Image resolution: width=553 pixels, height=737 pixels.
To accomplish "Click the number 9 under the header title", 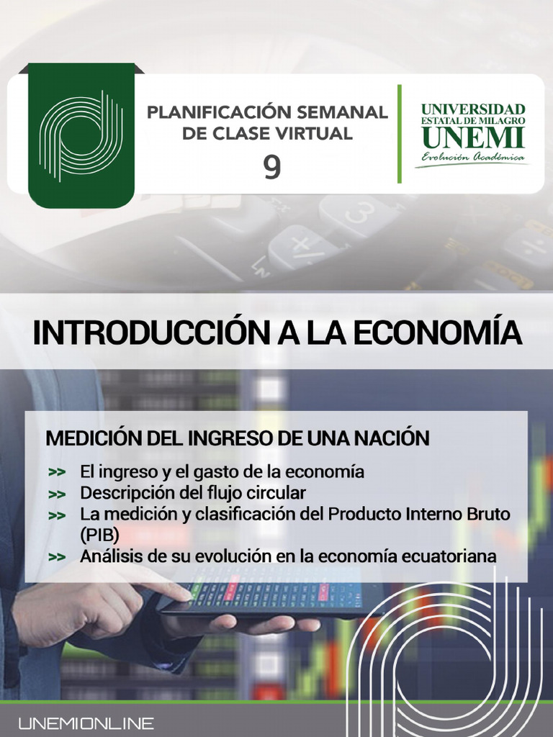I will click(271, 167).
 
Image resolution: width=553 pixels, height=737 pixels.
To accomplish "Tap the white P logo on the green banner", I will click(81, 135).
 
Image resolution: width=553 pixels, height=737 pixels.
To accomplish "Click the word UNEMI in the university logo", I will click(473, 137).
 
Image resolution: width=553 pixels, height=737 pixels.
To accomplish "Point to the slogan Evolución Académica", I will click(473, 157).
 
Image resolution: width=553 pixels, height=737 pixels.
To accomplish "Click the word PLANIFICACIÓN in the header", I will click(212, 112).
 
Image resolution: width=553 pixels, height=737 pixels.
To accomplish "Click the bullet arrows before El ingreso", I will click(57, 473).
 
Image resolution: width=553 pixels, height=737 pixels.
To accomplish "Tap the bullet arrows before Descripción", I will click(57, 494).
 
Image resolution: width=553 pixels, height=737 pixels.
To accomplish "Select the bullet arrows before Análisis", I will click(57, 557).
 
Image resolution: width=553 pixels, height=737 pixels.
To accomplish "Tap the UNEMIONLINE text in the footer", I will click(86, 723).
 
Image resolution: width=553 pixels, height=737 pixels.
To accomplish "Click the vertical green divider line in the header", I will click(399, 133).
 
